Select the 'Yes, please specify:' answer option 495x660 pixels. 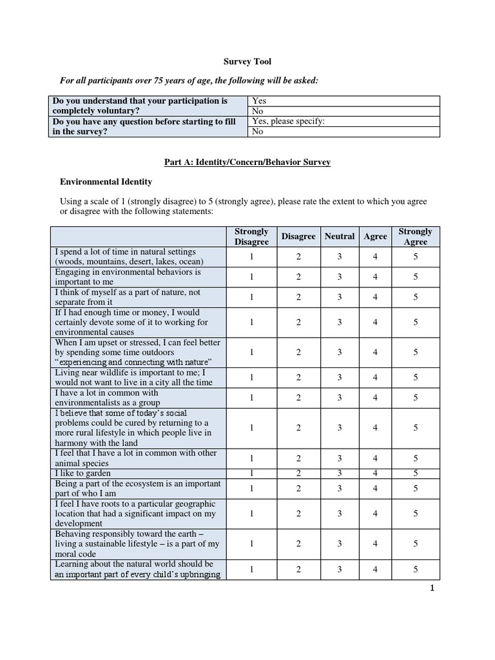pos(288,121)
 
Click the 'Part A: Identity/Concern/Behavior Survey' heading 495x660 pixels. pos(247,162)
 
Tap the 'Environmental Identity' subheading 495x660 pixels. pos(106,182)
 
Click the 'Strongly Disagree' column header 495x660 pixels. pos(251,237)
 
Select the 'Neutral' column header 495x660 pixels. pos(340,237)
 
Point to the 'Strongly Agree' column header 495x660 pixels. pos(416,237)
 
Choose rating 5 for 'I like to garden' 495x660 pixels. pos(416,474)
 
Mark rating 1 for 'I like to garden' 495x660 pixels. pos(251,474)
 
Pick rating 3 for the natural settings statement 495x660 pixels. pos(340,257)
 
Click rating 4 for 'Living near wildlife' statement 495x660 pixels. pos(375,378)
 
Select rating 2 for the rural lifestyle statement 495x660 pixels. pos(298,428)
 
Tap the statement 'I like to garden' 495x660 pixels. pos(82,474)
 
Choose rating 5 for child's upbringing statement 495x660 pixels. pos(416,569)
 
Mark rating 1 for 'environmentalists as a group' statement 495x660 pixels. pos(251,398)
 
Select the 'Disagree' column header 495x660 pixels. pos(298,237)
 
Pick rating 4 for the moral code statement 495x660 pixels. pos(375,544)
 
